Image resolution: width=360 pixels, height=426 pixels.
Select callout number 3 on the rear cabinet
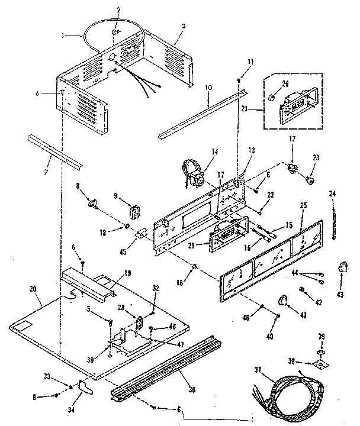[x=184, y=27]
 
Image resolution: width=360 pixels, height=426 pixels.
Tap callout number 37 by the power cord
[x=258, y=371]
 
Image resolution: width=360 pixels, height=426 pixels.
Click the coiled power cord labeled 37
[x=290, y=393]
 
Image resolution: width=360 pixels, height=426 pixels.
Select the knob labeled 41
[x=282, y=302]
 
